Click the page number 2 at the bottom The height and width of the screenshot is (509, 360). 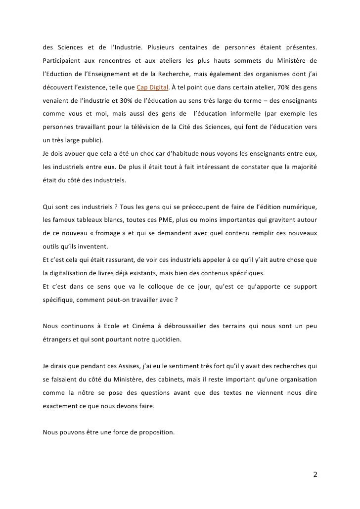point(315,474)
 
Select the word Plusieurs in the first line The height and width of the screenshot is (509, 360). point(164,48)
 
